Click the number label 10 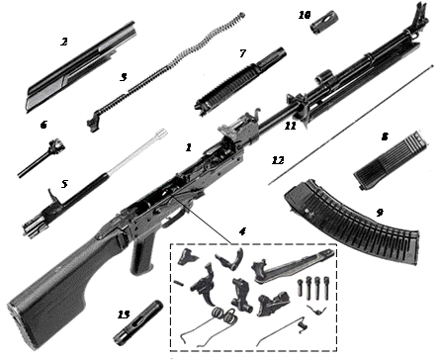tap(305, 15)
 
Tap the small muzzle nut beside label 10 tap(319, 22)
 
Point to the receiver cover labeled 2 tap(81, 66)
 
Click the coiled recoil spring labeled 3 tap(165, 72)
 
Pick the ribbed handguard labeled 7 tap(240, 81)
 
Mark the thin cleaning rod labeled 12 tap(350, 125)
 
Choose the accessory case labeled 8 tap(391, 160)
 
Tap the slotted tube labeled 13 tap(138, 321)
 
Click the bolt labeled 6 tap(42, 158)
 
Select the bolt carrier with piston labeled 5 tap(94, 183)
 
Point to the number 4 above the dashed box tap(242, 231)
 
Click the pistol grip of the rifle tap(142, 254)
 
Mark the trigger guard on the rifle tap(173, 218)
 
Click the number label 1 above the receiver tap(189, 147)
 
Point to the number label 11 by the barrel tap(291, 126)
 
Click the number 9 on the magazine tap(380, 213)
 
